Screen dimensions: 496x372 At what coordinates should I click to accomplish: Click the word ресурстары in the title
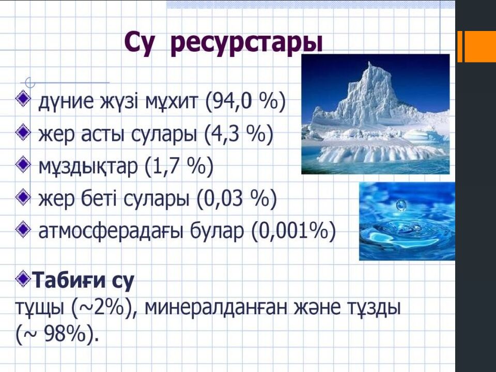click(x=246, y=43)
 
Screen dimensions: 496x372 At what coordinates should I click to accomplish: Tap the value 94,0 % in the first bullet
click(x=245, y=101)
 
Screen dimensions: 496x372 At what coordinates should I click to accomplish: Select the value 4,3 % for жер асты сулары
click(x=238, y=134)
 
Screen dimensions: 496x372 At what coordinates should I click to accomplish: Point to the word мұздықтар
click(x=88, y=167)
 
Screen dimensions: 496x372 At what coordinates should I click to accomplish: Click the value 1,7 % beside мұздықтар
click(x=179, y=166)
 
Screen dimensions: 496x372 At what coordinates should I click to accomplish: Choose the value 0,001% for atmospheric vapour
click(x=293, y=231)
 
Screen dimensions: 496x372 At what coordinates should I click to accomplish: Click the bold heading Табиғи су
click(x=84, y=280)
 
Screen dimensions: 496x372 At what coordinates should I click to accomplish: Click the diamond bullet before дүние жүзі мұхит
click(x=23, y=98)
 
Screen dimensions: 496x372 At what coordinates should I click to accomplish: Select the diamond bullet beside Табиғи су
click(x=23, y=277)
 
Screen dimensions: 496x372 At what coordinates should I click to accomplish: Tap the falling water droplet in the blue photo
click(x=401, y=205)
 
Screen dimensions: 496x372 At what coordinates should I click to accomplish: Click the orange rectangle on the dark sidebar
click(x=477, y=47)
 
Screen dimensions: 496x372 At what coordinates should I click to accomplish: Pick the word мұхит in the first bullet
click(x=172, y=102)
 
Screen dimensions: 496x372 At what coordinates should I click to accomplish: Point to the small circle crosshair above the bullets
click(x=30, y=83)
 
